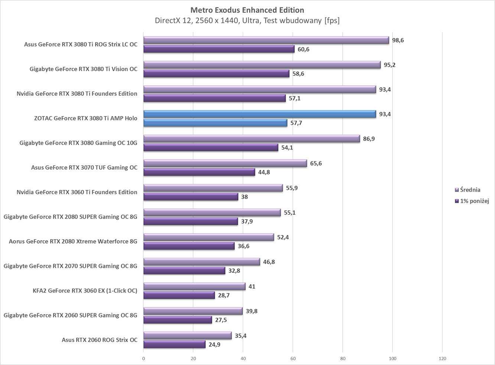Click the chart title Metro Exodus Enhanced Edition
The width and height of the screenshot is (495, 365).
click(x=247, y=10)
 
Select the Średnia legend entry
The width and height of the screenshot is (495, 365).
click(x=468, y=190)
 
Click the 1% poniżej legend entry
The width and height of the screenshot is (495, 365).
click(x=472, y=201)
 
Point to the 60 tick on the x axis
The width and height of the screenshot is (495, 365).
click(x=293, y=359)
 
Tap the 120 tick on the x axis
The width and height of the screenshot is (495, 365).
click(x=442, y=359)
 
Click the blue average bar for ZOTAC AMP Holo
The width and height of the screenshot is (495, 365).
click(x=260, y=114)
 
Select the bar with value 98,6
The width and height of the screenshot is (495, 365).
click(x=266, y=40)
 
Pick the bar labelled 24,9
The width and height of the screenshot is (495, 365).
click(x=174, y=345)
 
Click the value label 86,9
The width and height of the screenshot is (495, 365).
click(x=369, y=139)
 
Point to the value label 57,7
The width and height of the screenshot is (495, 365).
click(x=296, y=123)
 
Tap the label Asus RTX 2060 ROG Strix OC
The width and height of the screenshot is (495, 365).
click(x=100, y=340)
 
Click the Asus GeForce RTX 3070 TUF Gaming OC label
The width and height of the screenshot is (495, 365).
click(x=84, y=167)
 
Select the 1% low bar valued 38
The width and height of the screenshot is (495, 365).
click(x=190, y=197)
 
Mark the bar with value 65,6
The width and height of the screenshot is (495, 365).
click(x=225, y=163)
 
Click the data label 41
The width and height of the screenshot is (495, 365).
click(x=252, y=286)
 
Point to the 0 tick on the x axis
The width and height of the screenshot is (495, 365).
click(x=144, y=359)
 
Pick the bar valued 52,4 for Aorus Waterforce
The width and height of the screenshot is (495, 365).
click(x=208, y=237)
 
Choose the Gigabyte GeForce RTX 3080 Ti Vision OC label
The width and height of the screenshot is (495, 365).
click(x=83, y=69)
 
